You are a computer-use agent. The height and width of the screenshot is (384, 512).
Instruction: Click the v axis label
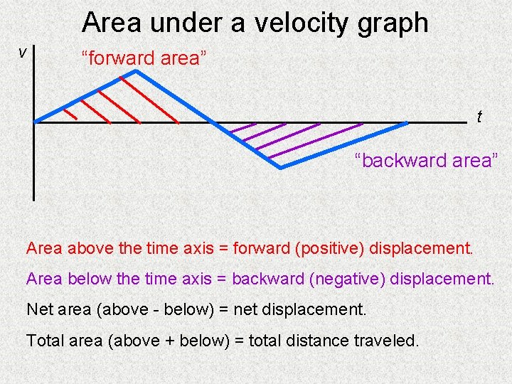pyautogui.click(x=23, y=52)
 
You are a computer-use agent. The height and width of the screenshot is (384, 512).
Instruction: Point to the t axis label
pyautogui.click(x=479, y=117)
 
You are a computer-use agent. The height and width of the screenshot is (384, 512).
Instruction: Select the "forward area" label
pyautogui.click(x=144, y=58)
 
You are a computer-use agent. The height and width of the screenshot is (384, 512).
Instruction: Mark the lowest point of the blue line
pyautogui.click(x=280, y=168)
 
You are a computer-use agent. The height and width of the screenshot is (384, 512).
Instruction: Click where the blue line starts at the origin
pyautogui.click(x=36, y=122)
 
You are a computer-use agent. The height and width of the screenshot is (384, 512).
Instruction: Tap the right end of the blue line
pyautogui.click(x=407, y=124)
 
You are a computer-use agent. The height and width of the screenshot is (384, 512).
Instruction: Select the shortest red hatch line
pyautogui.click(x=70, y=113)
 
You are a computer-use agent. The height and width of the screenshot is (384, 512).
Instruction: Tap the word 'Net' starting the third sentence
pyautogui.click(x=40, y=310)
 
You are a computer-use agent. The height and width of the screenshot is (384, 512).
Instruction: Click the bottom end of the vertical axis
pyautogui.click(x=33, y=199)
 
